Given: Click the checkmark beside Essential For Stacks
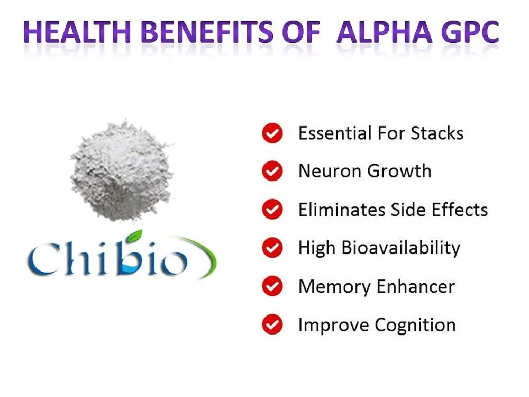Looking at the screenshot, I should (x=272, y=133).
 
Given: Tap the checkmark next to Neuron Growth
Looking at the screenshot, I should (x=272, y=172).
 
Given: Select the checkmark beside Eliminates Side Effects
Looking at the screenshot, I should (x=272, y=210).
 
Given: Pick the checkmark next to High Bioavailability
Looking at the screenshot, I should (x=272, y=248).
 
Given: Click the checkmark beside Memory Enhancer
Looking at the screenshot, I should (x=272, y=287).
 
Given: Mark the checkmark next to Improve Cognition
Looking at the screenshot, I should (x=272, y=324).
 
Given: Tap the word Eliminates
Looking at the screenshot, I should (x=342, y=210).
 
